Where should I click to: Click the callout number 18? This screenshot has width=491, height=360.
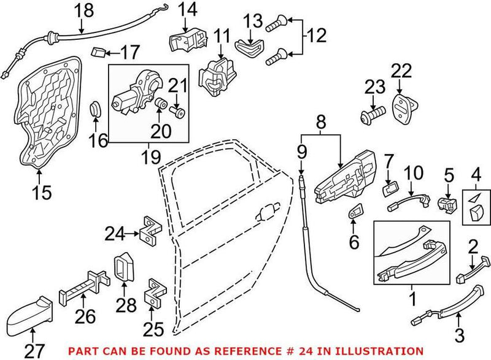pos(84,10)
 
